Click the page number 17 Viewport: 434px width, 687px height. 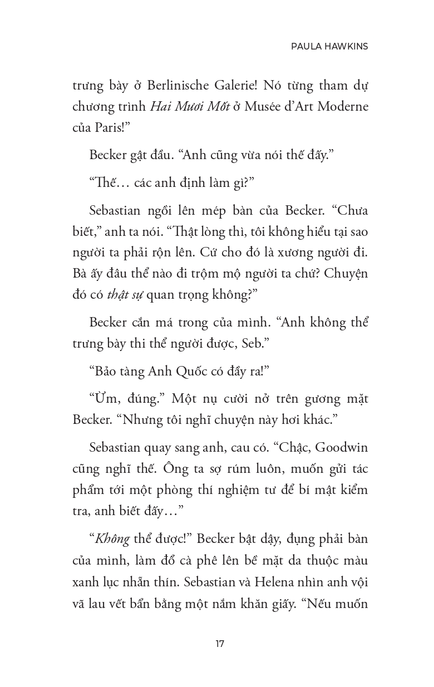tap(220, 644)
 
